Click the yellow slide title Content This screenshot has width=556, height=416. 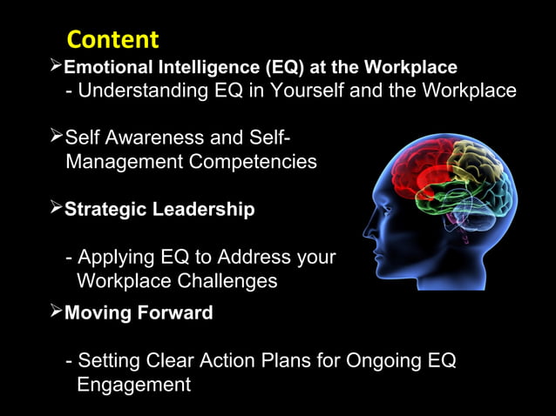[x=112, y=40]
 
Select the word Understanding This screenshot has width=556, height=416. [x=139, y=91]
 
